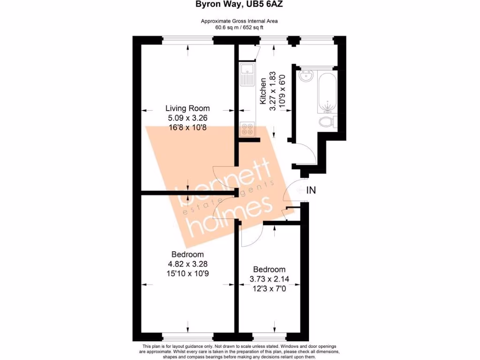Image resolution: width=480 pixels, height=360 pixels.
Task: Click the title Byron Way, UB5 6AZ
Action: pos(240,5)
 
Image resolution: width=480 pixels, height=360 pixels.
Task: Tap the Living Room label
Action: pos(187,108)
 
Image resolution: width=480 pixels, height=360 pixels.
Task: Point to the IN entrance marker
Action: pos(311,190)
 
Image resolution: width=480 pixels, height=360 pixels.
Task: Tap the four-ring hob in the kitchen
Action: pos(247,129)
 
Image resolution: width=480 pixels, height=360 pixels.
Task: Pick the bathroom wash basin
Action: pos(307,75)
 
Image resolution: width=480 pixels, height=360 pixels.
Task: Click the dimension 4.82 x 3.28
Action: pos(187,264)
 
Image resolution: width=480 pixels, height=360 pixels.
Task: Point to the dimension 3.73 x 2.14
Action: pos(269,279)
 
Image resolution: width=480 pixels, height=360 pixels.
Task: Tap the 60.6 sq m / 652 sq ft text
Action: pos(240,27)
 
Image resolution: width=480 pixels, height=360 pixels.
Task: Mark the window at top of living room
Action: pos(188,40)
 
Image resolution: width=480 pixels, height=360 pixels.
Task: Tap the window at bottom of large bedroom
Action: pos(188,337)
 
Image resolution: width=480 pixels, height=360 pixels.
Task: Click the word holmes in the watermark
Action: pos(230,216)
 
